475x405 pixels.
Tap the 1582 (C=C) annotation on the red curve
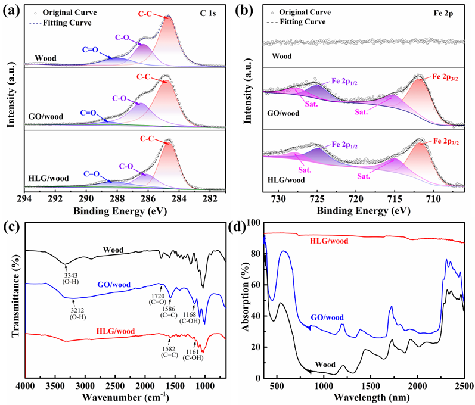tap(164, 350)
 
